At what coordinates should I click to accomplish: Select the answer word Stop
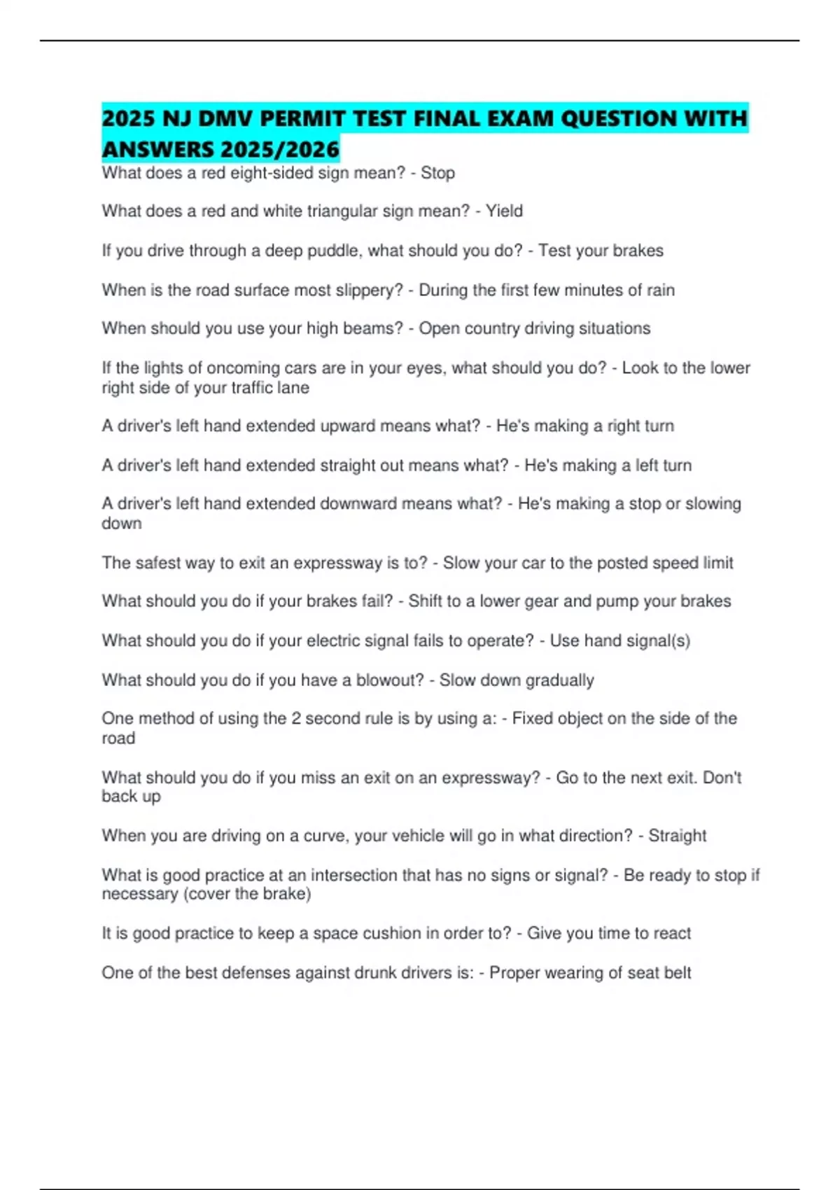click(437, 173)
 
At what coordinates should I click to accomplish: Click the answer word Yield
click(504, 211)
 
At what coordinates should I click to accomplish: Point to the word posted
click(620, 563)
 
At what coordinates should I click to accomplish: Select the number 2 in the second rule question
click(296, 719)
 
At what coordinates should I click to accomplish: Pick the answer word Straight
click(677, 836)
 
